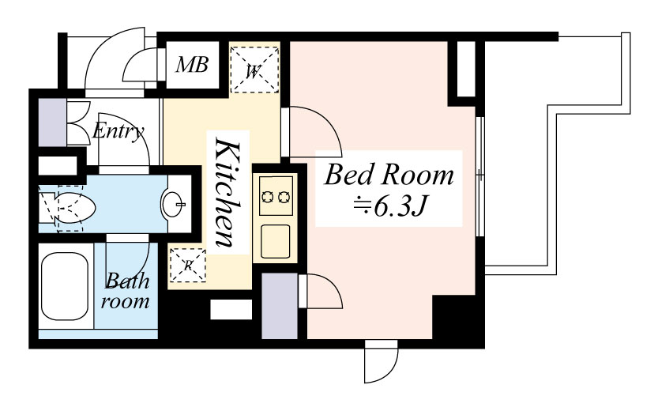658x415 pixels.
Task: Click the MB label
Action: (192, 65)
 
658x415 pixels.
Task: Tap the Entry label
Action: (118, 130)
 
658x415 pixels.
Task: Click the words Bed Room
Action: (389, 175)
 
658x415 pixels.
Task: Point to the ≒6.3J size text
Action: (389, 206)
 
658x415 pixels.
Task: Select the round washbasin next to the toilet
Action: (173, 205)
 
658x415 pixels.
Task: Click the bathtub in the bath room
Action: (66, 285)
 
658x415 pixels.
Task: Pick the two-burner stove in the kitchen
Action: (276, 196)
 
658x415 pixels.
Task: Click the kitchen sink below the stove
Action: (275, 242)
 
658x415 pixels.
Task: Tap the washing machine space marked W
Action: (254, 70)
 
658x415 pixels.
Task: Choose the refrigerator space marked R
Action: (187, 265)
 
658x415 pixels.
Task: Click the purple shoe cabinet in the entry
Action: (52, 123)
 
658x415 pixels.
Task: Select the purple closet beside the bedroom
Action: (280, 306)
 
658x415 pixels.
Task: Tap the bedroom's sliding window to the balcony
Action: (480, 175)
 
